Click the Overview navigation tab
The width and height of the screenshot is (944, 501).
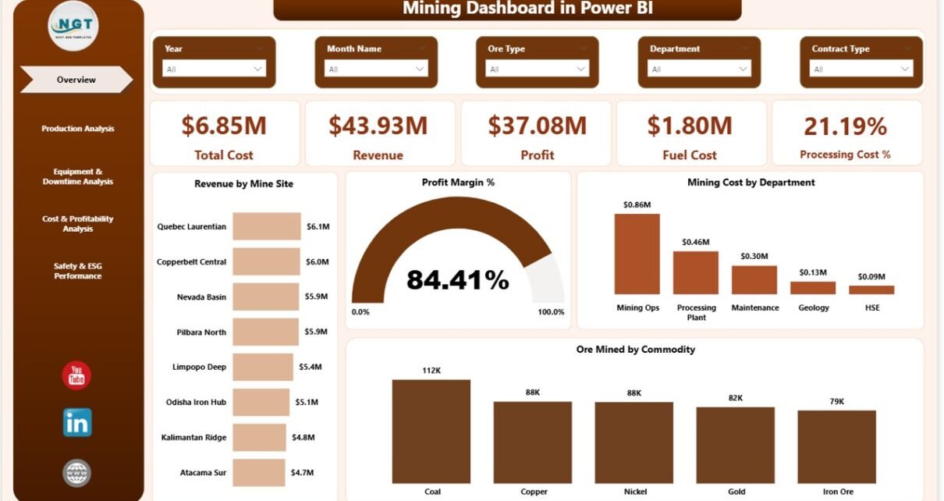pos(76,80)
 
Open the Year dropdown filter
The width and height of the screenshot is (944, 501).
pos(214,69)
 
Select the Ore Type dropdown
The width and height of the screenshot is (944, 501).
pos(538,69)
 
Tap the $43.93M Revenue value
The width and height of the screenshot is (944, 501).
pos(378,126)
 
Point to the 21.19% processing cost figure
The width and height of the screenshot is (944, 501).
pos(845,126)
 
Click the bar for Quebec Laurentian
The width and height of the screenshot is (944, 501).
pos(266,226)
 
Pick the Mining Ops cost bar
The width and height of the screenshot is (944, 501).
pos(637,254)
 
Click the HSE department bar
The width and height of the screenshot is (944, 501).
pos(871,290)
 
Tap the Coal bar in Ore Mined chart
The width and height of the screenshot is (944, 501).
pos(431,432)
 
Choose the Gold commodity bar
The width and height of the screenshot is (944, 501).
pos(735,443)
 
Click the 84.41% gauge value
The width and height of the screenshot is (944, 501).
pos(457,279)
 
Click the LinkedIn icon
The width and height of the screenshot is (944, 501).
pos(77,422)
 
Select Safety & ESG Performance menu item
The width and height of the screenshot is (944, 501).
pos(77,271)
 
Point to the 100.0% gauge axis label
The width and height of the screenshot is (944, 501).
pos(551,312)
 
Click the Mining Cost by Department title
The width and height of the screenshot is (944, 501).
pos(751,183)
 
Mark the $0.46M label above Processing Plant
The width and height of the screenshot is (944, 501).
pos(695,243)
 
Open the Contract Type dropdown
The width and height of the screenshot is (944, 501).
pos(861,69)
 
